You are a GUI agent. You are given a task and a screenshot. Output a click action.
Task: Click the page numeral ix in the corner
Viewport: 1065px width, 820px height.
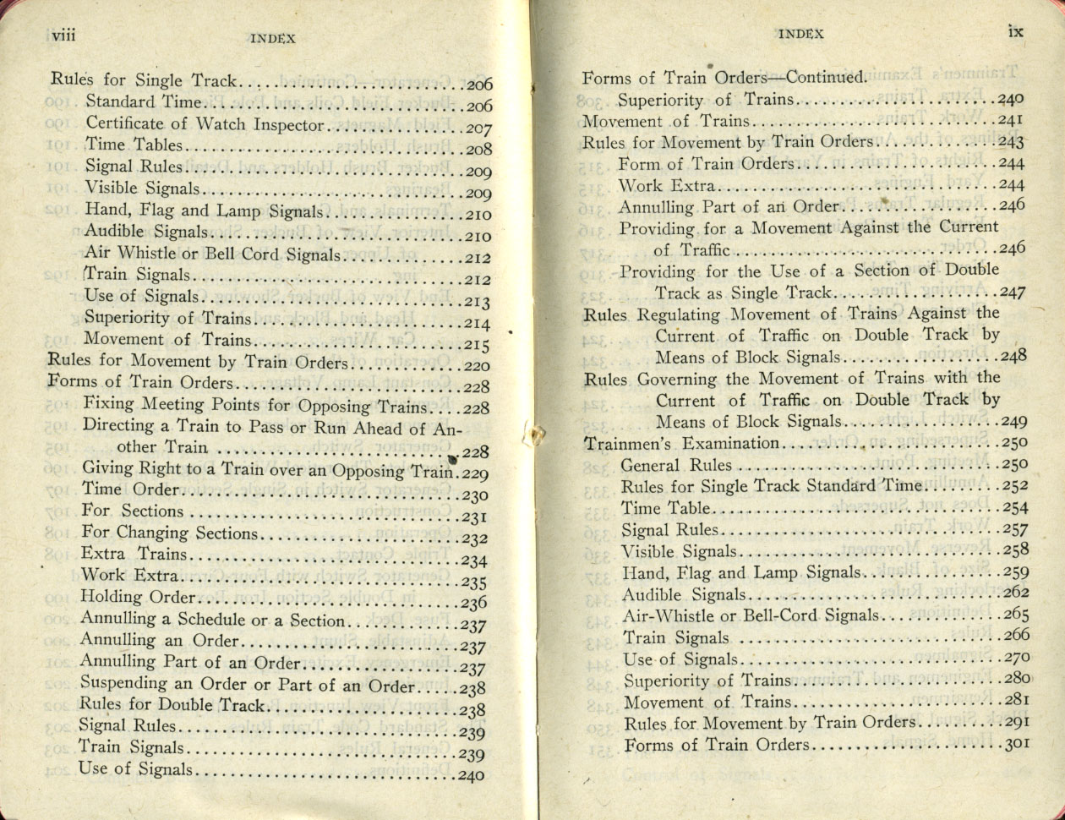(1015, 31)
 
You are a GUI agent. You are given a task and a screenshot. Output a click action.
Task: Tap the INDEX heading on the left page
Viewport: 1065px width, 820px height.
(273, 38)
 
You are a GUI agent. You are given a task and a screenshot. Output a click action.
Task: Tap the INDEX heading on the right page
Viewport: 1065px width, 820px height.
(800, 34)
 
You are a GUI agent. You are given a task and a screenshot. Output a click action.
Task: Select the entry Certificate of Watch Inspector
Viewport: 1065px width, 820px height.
(205, 124)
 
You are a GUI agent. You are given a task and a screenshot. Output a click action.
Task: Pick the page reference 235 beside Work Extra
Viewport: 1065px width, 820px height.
(474, 582)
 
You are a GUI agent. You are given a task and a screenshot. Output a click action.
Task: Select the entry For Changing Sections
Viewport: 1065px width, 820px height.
(169, 533)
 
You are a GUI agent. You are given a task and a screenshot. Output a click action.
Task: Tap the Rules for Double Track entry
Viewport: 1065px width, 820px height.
(172, 705)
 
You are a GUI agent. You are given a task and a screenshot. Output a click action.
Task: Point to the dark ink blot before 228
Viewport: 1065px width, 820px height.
(452, 459)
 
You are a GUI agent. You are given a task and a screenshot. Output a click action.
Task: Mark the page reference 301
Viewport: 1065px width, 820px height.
(1013, 745)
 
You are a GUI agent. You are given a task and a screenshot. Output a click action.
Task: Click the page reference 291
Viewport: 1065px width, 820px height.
(1013, 723)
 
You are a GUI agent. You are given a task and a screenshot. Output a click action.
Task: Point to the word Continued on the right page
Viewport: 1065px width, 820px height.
(826, 78)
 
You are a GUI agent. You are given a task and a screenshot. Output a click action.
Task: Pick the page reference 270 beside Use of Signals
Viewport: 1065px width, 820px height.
(1013, 658)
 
